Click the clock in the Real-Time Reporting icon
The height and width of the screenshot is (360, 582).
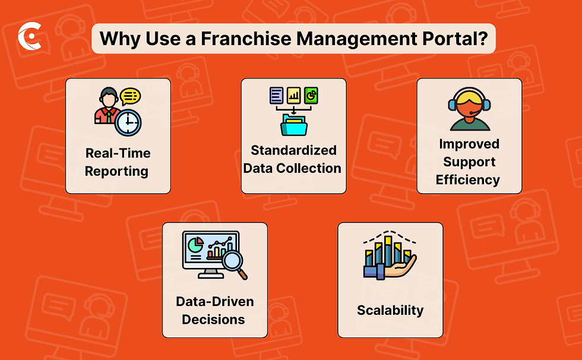pyautogui.click(x=128, y=122)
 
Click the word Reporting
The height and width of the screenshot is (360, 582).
pyautogui.click(x=116, y=171)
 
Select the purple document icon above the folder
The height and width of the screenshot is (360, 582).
pyautogui.click(x=276, y=94)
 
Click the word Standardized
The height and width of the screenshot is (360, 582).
pyautogui.click(x=293, y=150)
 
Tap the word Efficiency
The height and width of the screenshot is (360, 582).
pyautogui.click(x=468, y=179)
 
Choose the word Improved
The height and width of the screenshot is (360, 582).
pyautogui.click(x=469, y=144)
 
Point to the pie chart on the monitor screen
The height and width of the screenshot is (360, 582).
pyautogui.click(x=195, y=244)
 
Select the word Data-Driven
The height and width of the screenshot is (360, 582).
pyautogui.click(x=214, y=301)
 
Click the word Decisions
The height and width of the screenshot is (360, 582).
pyautogui.click(x=213, y=319)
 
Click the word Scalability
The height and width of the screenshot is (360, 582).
pyautogui.click(x=390, y=310)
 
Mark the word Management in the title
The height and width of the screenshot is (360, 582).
pyautogui.click(x=339, y=39)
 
